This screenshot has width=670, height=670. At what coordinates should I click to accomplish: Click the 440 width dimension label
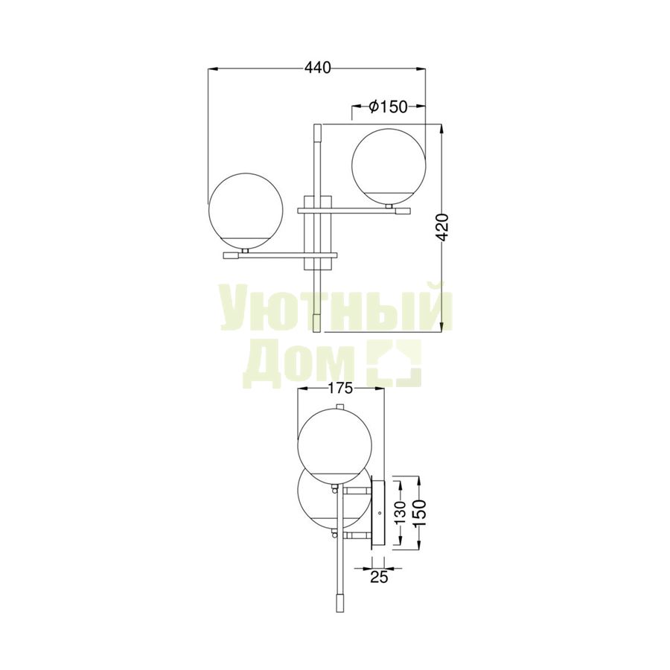coord(317,68)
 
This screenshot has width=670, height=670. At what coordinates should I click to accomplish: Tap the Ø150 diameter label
coord(388,106)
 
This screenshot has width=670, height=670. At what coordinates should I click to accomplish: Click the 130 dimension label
coord(401,512)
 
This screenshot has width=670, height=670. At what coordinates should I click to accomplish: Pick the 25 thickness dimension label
coord(379,577)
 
